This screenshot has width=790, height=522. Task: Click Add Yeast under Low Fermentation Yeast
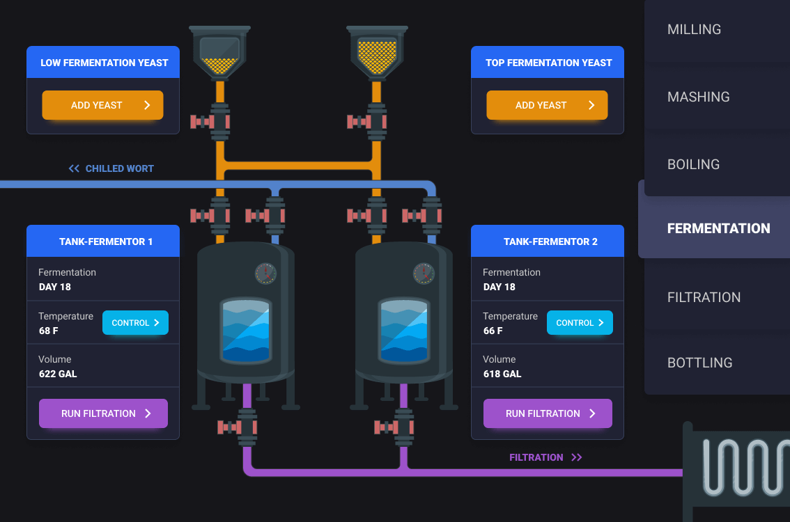tap(102, 105)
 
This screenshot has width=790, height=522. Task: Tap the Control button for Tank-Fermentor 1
tap(135, 323)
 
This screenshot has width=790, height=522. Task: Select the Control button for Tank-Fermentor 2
tap(580, 323)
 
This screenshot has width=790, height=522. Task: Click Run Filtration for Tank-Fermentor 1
tap(103, 413)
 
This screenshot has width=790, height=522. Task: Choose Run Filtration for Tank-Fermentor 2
tap(548, 413)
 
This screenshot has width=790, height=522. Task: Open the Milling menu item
tap(694, 29)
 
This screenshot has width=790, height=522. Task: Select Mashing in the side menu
tap(698, 97)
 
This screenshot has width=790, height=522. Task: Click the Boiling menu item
tap(693, 164)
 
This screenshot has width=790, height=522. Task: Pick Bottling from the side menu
tap(699, 363)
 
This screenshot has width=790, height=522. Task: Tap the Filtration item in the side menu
tap(704, 297)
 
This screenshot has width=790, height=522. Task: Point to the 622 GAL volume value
tap(58, 374)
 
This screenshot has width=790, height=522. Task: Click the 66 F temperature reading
tap(493, 331)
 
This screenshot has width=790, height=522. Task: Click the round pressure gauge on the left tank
tap(265, 274)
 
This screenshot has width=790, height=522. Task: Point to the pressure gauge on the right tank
tap(424, 274)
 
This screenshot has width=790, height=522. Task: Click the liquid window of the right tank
tap(403, 331)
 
